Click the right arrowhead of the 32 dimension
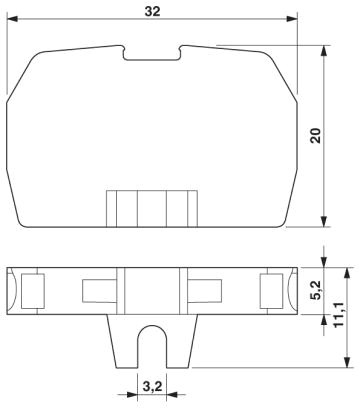point(294,19)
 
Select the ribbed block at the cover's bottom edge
point(153,209)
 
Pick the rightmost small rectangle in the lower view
point(271,292)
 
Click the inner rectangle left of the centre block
point(96,292)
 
